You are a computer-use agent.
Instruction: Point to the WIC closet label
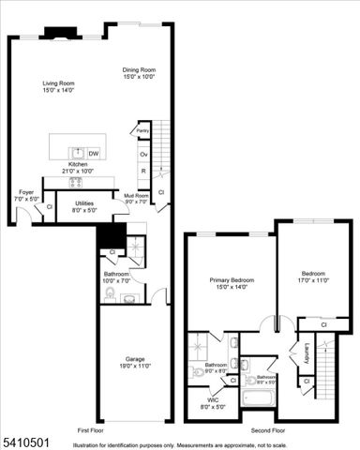click(x=217, y=404)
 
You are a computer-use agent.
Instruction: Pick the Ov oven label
click(x=143, y=153)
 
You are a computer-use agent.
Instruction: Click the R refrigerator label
click(x=143, y=172)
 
